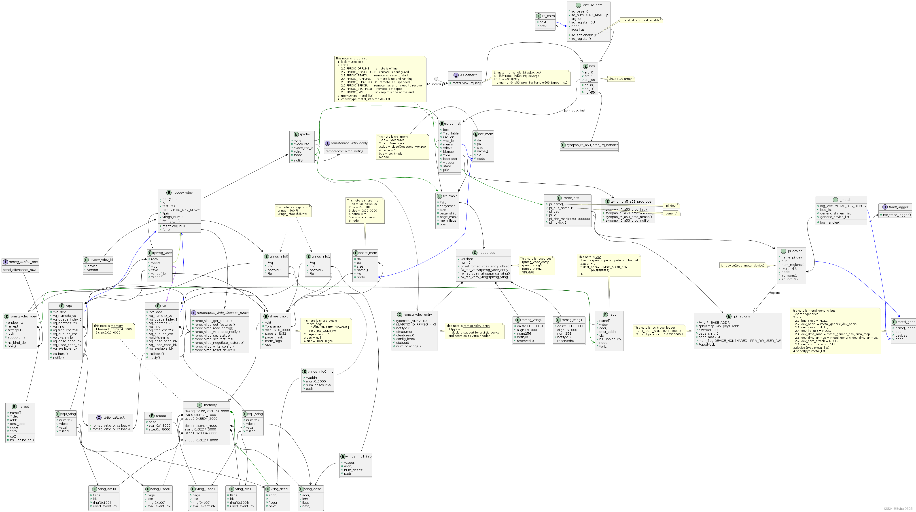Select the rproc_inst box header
point(452,124)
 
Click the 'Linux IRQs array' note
point(620,79)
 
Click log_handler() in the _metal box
point(830,222)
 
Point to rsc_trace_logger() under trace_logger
point(897,215)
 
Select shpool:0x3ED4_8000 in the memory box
point(201,440)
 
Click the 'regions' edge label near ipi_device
point(775,293)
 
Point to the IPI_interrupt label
point(436,84)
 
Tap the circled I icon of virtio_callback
point(99,418)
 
